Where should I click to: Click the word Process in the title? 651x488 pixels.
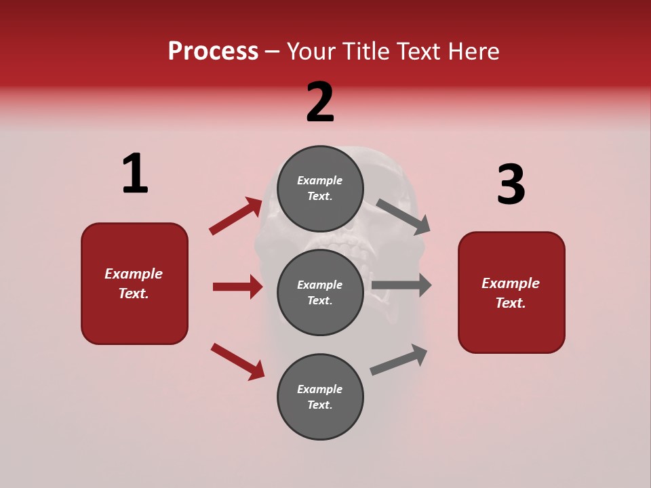click(x=213, y=52)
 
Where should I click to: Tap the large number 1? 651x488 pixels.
click(x=135, y=174)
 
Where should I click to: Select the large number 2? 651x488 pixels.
click(x=320, y=102)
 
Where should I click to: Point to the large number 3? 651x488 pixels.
click(x=511, y=184)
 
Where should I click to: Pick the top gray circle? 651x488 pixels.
click(x=320, y=188)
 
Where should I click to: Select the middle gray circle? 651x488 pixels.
click(x=320, y=292)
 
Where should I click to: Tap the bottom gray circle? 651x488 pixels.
click(x=320, y=396)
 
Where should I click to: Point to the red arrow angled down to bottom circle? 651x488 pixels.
click(x=237, y=361)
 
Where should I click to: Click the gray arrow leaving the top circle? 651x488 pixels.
click(x=403, y=216)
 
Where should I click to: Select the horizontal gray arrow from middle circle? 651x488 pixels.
click(x=401, y=285)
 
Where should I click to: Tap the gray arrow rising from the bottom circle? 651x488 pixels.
click(x=399, y=360)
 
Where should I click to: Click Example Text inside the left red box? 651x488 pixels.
click(x=134, y=283)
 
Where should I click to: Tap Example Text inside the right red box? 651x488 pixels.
click(x=511, y=293)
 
